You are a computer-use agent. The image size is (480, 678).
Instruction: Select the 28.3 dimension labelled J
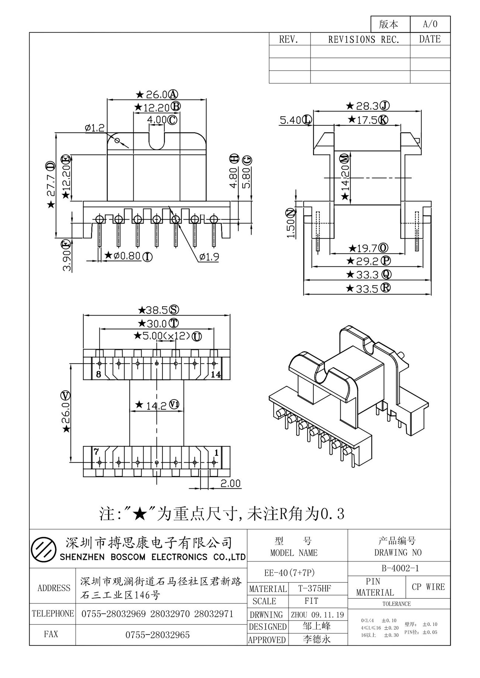coord(368,106)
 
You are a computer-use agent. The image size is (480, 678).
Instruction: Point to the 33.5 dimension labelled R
coord(368,288)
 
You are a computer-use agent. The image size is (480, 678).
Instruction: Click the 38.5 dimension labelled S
coord(158,309)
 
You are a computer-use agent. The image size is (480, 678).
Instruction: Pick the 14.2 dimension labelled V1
coord(157,405)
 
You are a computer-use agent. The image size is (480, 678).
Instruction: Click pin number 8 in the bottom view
coord(98,375)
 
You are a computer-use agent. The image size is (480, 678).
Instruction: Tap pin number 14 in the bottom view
coord(216,375)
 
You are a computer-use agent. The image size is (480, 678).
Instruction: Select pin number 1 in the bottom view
coord(216,452)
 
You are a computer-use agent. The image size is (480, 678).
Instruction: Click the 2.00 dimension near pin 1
coord(230,483)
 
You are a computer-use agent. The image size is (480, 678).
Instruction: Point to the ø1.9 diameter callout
coord(209,257)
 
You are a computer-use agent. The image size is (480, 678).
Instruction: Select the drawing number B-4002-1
coord(400,568)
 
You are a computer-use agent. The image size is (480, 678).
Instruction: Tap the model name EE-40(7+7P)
coord(289,573)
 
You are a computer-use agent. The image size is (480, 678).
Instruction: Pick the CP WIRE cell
coord(428,587)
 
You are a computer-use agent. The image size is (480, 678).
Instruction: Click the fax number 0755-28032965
coord(158,635)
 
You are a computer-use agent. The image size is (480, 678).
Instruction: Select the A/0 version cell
coord(430,24)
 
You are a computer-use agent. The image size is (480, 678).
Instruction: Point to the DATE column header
coord(430,39)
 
